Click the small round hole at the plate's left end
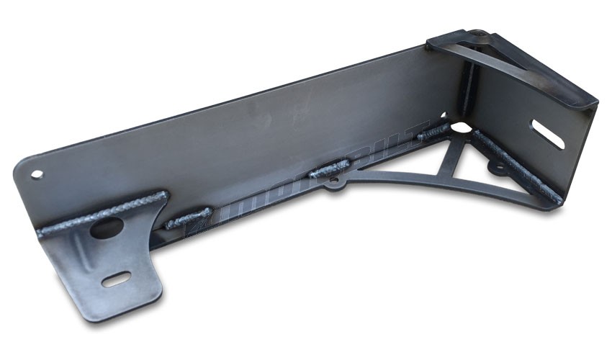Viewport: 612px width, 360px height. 37,174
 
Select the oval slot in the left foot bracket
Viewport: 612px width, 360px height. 116,279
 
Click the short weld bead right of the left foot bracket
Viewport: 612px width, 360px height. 188,217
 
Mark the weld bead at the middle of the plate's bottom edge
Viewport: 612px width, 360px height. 328,171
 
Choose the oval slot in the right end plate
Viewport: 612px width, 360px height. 548,134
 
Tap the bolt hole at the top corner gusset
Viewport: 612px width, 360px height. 477,34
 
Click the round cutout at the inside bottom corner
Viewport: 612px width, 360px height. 461,130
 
